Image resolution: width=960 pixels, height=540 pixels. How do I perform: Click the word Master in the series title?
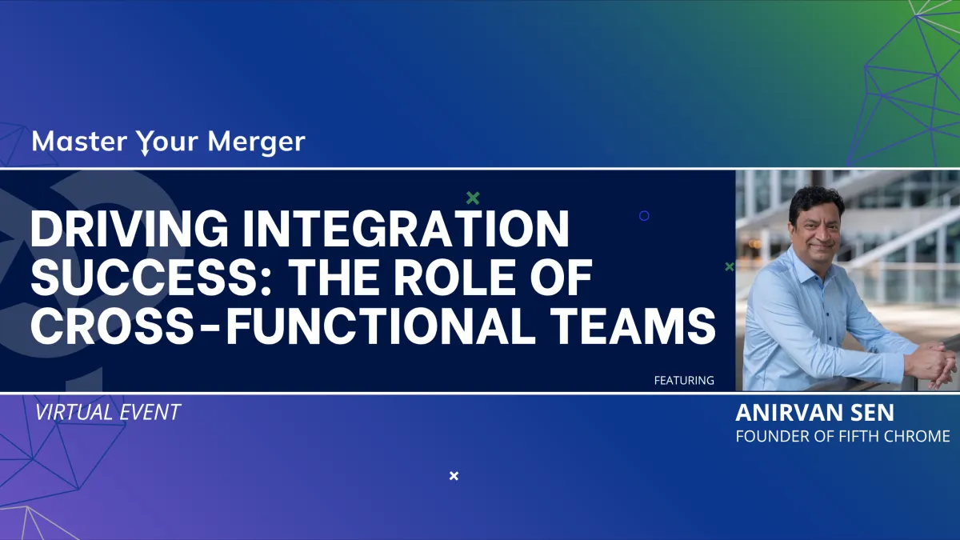tap(79, 142)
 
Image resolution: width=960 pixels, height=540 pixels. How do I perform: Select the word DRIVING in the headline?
tap(129, 230)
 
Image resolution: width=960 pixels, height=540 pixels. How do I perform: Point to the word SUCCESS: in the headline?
tap(151, 278)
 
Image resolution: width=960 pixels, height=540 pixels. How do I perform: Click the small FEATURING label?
tap(684, 381)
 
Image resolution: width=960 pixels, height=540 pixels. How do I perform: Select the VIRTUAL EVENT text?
tap(107, 412)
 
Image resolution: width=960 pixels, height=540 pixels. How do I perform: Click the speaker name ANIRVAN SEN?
tap(814, 413)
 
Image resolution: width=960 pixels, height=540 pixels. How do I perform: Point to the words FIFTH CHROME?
tap(894, 436)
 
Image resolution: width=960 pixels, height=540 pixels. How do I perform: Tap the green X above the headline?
tap(473, 198)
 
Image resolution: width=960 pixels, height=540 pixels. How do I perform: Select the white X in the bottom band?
tap(454, 476)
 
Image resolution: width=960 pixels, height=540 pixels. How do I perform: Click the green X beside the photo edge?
tap(730, 266)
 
